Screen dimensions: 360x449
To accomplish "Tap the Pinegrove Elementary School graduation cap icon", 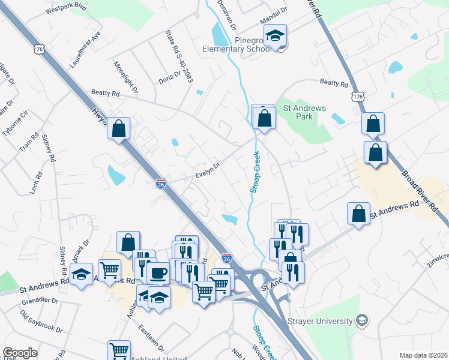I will (x=276, y=36).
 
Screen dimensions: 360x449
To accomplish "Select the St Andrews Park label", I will (x=305, y=112).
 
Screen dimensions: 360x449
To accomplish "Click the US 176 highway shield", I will (x=359, y=96).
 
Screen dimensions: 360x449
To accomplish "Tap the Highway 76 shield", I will (x=40, y=50).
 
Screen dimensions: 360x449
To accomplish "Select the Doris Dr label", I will (x=169, y=79).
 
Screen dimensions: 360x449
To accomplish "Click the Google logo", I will (x=20, y=353).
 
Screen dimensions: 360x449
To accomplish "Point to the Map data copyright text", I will (x=424, y=355).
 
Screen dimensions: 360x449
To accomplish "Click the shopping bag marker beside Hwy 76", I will (x=119, y=128).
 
